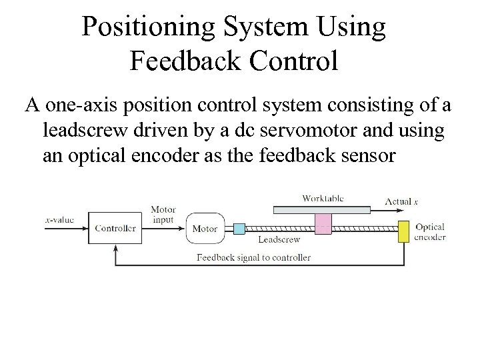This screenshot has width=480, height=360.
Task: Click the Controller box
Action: (115, 228)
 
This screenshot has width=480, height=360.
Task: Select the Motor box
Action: (205, 229)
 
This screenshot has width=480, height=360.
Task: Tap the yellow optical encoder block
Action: (403, 231)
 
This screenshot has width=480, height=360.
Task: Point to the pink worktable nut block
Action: (323, 223)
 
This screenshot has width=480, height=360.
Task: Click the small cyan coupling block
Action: (239, 229)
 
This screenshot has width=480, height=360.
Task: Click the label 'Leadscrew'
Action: (279, 239)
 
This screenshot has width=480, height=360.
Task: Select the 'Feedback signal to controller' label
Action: (253, 257)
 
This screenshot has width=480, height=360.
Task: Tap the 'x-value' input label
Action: (59, 219)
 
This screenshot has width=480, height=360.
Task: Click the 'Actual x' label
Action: (401, 201)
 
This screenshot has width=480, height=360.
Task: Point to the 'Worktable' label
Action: (323, 198)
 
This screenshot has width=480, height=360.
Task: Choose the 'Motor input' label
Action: (163, 215)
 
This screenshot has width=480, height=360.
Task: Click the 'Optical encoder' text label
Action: (429, 232)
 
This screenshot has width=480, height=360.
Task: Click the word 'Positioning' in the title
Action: (147, 27)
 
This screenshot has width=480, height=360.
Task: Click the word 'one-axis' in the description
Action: (78, 105)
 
